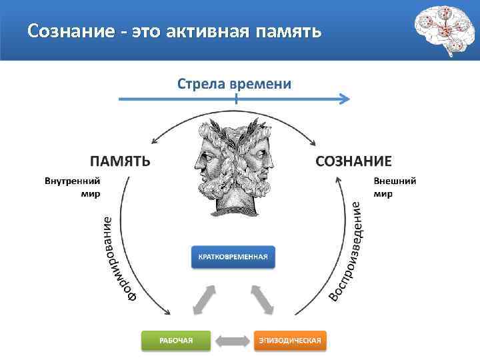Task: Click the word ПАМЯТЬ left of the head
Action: pos(120,161)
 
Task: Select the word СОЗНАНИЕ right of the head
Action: pos(353,161)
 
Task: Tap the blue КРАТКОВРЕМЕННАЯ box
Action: pos(233,257)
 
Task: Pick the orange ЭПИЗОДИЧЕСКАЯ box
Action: pos(290,341)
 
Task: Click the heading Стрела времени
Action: pos(234,84)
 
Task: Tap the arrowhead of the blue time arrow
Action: pos(345,100)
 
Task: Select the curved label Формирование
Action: pos(116,257)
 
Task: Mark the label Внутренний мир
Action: pos(73,187)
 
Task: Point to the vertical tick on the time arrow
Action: pos(235,99)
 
